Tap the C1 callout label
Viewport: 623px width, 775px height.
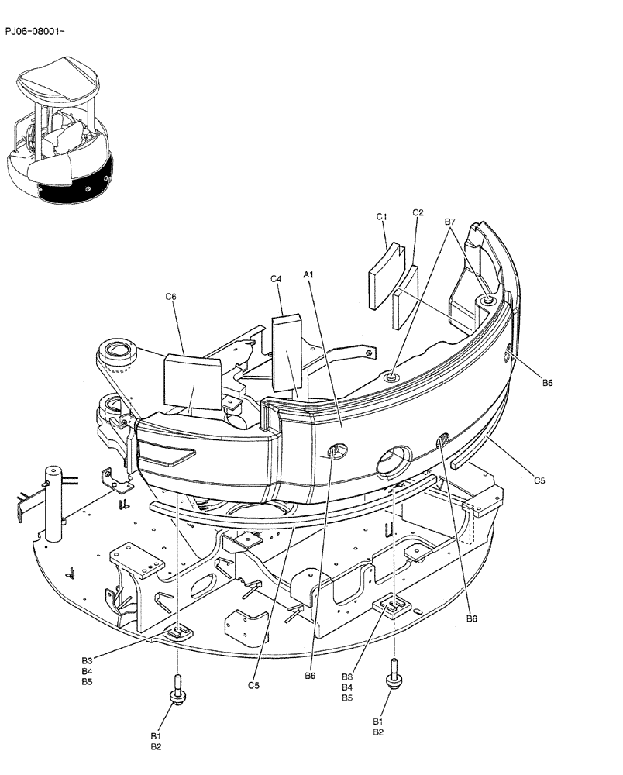click(382, 218)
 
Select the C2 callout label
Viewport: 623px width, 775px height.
click(418, 212)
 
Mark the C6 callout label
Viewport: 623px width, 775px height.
click(171, 295)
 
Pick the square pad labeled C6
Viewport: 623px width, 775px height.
click(191, 382)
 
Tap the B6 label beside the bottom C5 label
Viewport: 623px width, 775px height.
click(310, 676)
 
